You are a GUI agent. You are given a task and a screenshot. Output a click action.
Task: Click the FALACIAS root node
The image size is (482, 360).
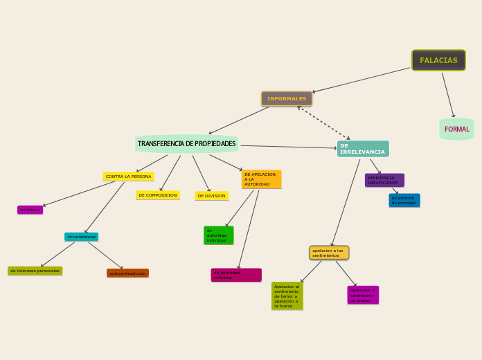tap(438, 60)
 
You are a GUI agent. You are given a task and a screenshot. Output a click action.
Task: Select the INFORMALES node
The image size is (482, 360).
tap(287, 99)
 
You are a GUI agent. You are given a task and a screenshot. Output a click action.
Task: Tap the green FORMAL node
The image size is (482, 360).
tap(456, 129)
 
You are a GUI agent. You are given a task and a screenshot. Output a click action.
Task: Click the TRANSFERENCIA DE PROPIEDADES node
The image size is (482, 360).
tap(186, 144)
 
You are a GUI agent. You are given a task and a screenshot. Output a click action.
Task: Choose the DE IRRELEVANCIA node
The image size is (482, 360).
tap(363, 149)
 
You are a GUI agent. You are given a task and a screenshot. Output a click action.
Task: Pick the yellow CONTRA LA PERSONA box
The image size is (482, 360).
tap(128, 177)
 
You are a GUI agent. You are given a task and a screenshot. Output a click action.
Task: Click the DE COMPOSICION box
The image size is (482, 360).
tap(158, 195)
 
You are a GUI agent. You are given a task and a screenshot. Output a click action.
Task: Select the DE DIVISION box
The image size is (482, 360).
tap(211, 196)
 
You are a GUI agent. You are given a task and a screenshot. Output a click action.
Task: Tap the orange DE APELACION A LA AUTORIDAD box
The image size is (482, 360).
tap(261, 179)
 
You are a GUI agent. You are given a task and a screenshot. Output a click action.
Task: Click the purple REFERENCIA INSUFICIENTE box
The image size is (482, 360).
tap(384, 180)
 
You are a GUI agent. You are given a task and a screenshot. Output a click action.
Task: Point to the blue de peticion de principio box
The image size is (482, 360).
tap(404, 200)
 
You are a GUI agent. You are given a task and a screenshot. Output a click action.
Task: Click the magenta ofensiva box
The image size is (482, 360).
tap(30, 210)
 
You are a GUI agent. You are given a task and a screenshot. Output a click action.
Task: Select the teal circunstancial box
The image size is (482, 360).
tap(82, 237)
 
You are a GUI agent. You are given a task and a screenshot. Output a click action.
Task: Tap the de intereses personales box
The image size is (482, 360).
tap(35, 271)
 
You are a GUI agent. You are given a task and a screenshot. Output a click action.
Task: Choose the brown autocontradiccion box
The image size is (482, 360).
tap(127, 273)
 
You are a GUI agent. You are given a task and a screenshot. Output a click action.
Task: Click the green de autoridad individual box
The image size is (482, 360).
tap(218, 235)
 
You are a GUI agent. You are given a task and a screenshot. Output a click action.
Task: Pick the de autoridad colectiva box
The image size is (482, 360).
tap(236, 275)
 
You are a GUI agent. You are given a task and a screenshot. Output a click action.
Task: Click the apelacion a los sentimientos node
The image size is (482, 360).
tap(329, 253)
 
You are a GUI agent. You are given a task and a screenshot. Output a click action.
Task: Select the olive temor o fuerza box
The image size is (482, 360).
tap(287, 296)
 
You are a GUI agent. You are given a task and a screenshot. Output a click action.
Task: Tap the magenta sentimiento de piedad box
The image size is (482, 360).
tap(363, 295)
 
